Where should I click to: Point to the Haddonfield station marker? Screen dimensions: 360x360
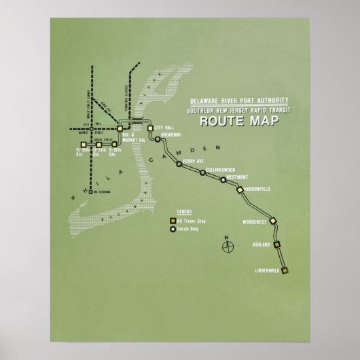tap(240, 190)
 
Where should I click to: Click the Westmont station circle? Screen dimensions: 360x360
tap(222, 180)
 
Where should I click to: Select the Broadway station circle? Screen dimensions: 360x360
tap(158, 139)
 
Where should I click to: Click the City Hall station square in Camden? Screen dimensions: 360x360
tap(150, 127)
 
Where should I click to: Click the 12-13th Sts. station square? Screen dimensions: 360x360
tap(98, 144)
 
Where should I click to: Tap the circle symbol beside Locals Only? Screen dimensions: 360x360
tap(173, 229)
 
